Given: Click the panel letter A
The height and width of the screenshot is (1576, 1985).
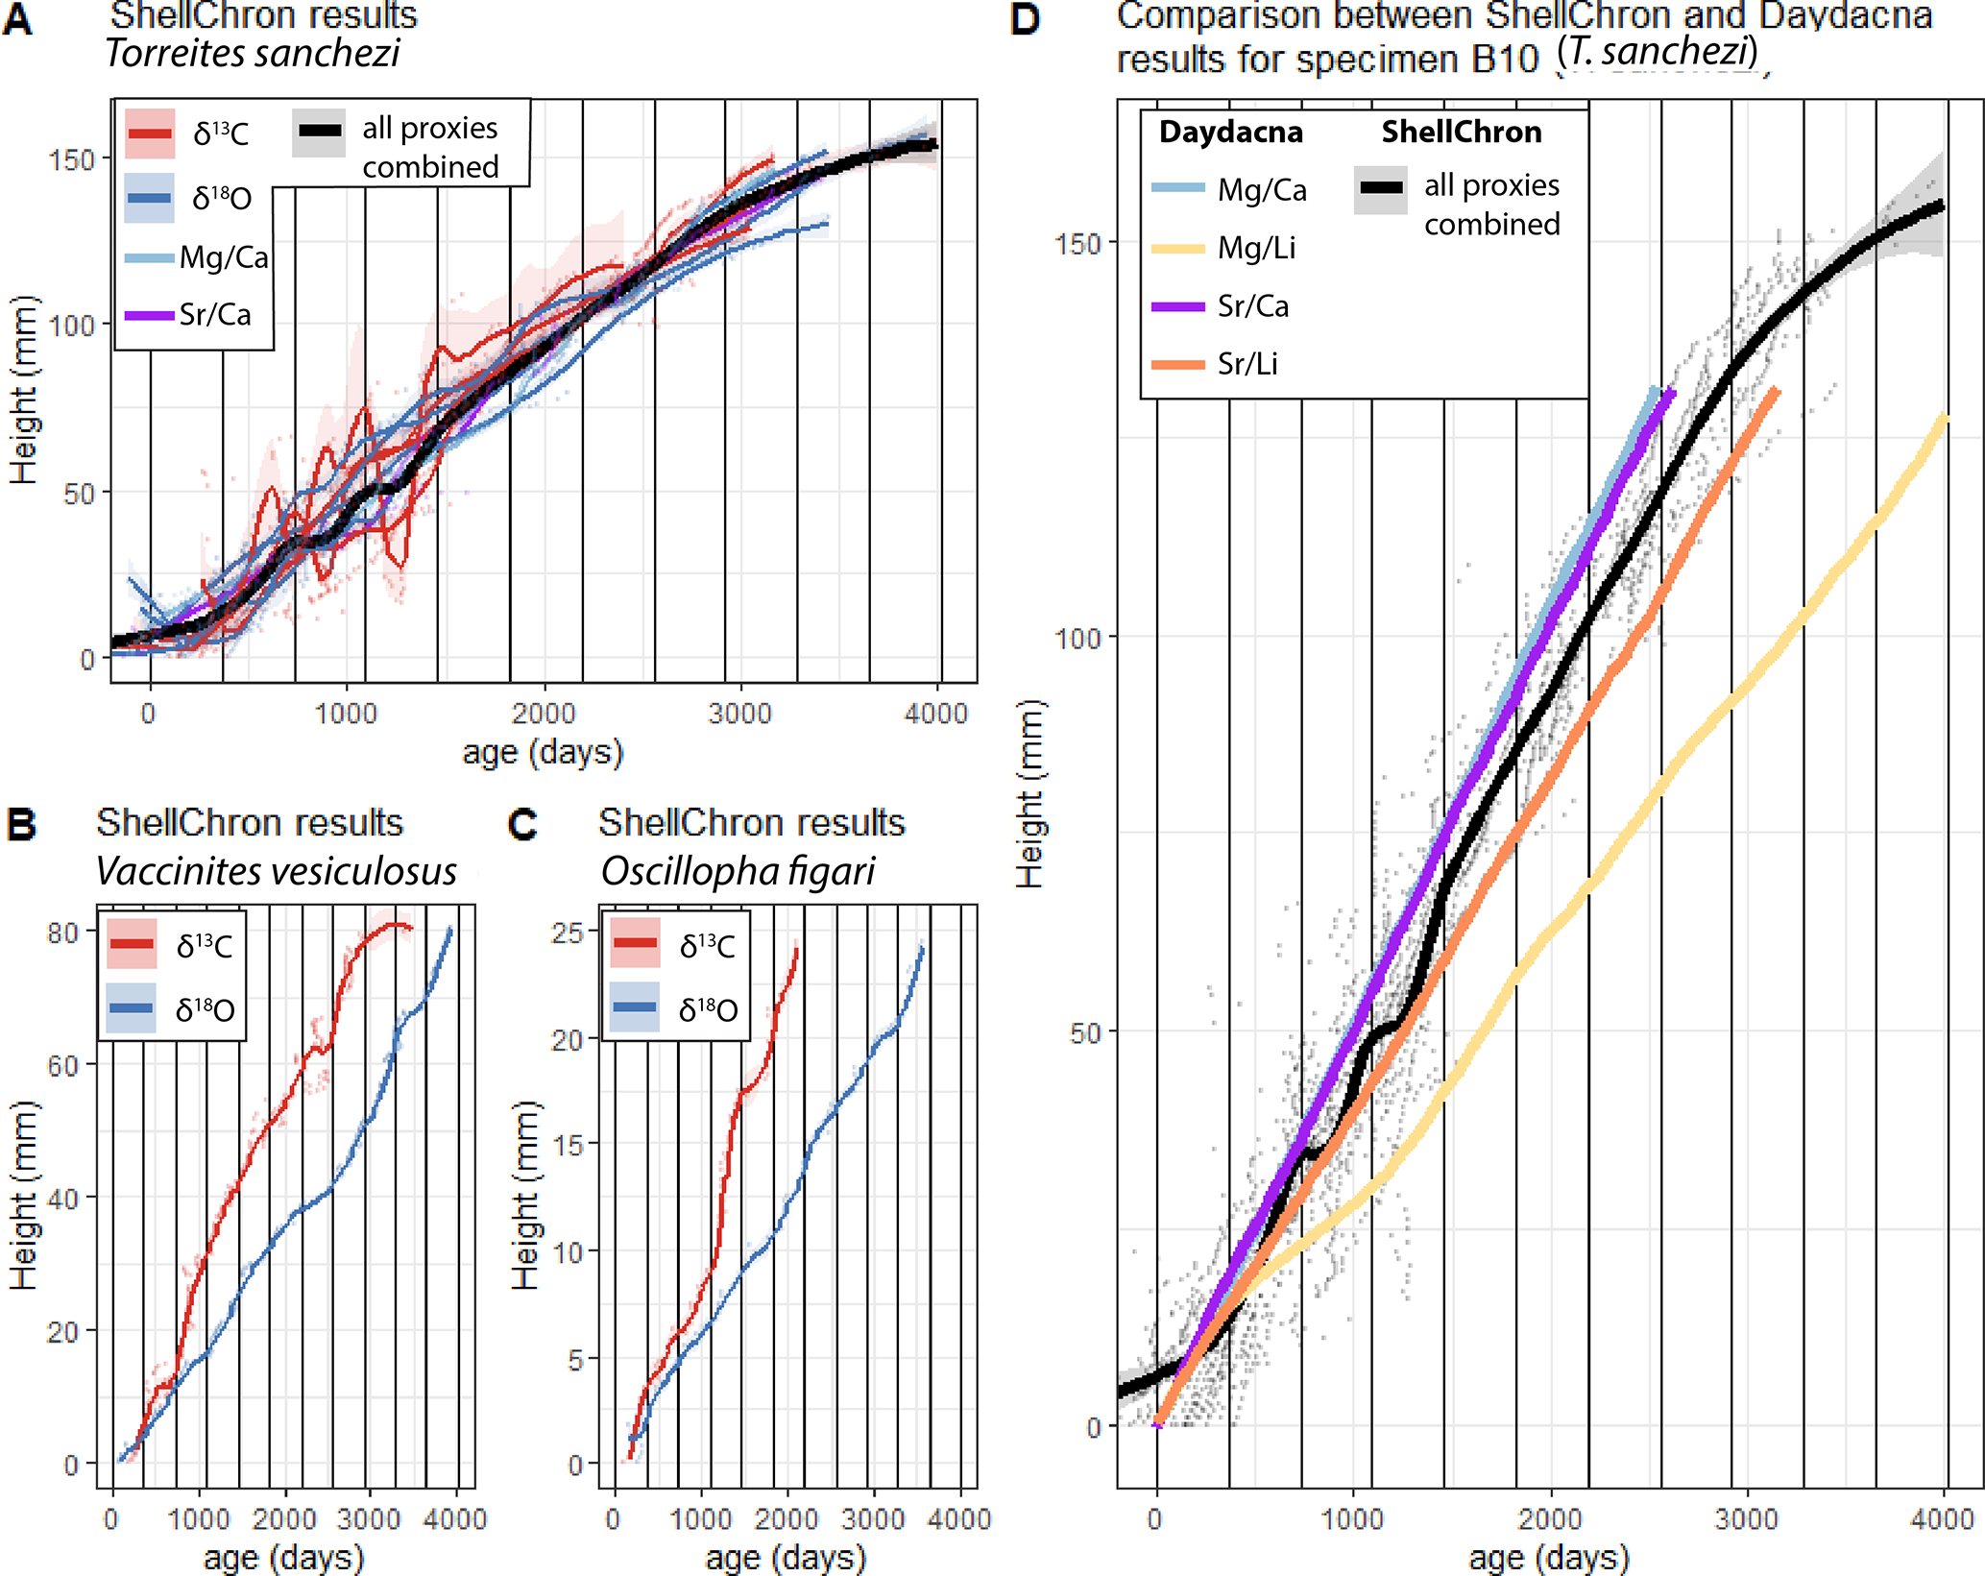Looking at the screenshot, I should click(x=17, y=19).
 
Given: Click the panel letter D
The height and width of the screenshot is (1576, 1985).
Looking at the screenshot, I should click(x=1025, y=19).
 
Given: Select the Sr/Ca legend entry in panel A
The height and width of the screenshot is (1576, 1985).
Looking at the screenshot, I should click(x=214, y=315).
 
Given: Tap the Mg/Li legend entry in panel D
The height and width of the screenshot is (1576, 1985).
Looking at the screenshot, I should click(x=1256, y=249).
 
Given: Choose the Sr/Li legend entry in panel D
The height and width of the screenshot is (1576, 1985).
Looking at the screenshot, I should click(x=1247, y=364).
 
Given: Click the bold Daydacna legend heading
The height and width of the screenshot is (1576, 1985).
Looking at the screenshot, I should click(x=1230, y=133).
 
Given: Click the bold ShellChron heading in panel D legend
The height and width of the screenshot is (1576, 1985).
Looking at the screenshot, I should click(x=1461, y=133).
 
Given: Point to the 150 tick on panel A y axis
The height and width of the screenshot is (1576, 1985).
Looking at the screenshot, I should click(x=73, y=160).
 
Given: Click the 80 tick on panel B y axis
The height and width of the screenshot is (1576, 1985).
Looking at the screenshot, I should click(x=63, y=933).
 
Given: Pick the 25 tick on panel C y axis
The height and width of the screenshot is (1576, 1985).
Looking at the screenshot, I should click(x=568, y=933).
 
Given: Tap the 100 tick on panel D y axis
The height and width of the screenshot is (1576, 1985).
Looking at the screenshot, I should click(x=1077, y=638).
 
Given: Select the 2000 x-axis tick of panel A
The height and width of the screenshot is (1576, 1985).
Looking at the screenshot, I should click(x=544, y=714).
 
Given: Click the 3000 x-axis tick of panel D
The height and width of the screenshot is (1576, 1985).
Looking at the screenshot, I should click(x=1746, y=1518).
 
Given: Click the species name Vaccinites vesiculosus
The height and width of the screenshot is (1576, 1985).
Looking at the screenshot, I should click(x=277, y=871).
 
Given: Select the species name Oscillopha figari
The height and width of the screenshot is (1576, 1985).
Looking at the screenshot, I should click(x=738, y=871).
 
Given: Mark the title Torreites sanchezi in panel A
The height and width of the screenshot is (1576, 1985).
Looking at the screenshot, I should click(x=253, y=53).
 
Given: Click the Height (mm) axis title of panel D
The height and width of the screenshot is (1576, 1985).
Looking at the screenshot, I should click(x=1029, y=793).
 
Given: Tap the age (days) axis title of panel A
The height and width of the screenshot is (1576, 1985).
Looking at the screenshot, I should click(x=543, y=752).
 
